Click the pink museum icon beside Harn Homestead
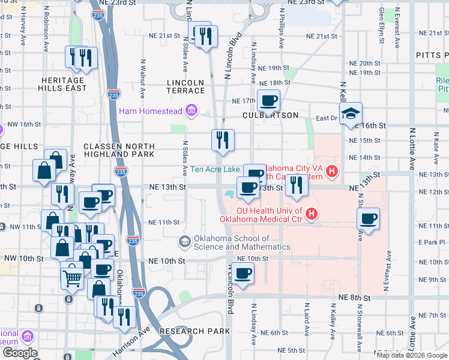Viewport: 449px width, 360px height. (191, 110)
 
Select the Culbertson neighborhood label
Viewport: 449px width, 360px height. (270, 115)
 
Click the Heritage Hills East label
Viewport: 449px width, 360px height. (63, 84)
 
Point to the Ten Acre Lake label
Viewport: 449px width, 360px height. (215, 169)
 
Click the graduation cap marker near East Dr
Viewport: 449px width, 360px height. (351, 113)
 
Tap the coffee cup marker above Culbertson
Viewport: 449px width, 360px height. (268, 100)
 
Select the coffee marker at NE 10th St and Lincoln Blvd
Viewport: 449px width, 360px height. (243, 274)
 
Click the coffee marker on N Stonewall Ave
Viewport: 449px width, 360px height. (369, 218)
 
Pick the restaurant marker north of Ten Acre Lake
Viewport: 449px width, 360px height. (223, 140)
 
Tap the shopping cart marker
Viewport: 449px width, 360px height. (72, 277)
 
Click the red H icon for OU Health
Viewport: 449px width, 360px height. (311, 213)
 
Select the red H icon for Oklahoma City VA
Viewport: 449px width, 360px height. (332, 175)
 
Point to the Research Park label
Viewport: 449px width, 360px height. (195, 331)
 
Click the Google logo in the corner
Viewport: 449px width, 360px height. (20, 353)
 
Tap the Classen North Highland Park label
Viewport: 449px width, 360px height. (119, 150)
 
